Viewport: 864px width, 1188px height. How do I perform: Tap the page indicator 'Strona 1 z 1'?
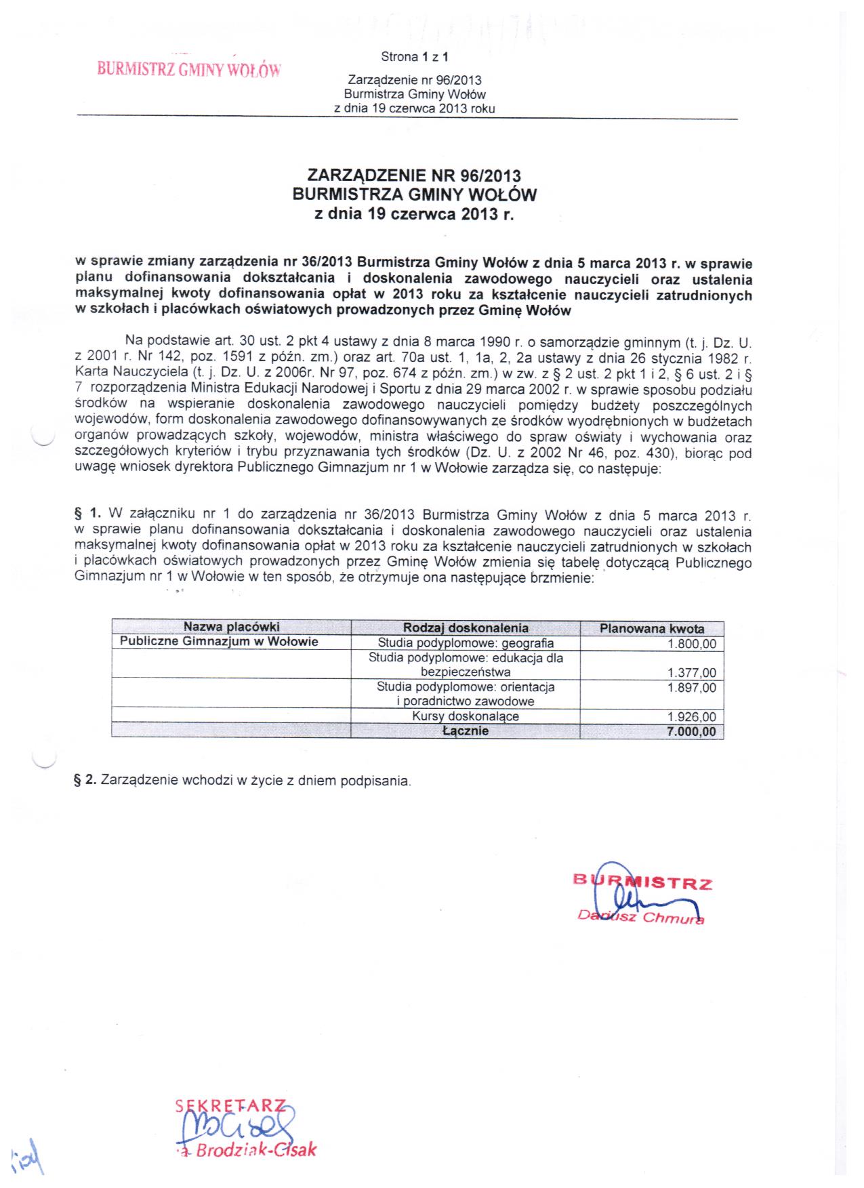415,58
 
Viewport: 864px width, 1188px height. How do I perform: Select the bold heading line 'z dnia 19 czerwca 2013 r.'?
414,215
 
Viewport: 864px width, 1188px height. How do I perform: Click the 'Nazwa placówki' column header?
231,628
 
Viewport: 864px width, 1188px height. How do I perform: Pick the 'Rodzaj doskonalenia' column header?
466,628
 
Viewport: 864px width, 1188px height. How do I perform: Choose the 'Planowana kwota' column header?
651,629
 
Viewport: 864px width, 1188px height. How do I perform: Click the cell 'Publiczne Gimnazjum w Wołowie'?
219,642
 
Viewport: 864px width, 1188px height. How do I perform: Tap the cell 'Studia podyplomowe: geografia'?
466,643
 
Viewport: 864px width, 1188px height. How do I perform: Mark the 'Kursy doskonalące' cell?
466,717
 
